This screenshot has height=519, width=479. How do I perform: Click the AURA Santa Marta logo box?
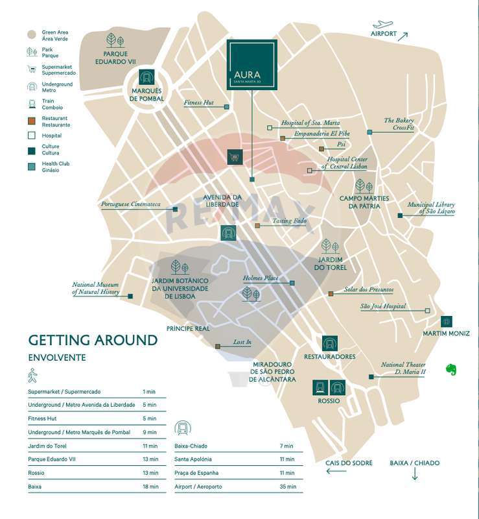click(x=252, y=64)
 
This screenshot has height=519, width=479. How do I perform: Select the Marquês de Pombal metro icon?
click(x=147, y=77)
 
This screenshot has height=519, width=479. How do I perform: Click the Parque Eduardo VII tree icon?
click(x=114, y=40)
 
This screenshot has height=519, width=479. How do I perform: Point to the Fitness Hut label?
click(x=198, y=103)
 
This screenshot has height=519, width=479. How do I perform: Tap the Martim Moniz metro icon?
click(x=446, y=321)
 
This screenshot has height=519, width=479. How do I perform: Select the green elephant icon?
click(x=451, y=369)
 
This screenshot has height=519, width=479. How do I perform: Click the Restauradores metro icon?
click(x=329, y=343)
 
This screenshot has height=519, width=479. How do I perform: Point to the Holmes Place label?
click(x=261, y=278)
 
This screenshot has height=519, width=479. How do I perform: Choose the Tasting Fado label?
click(x=289, y=221)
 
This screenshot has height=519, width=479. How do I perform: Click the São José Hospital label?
click(x=383, y=306)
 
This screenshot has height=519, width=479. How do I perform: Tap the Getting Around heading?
click(x=93, y=341)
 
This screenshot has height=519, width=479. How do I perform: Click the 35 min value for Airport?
click(x=287, y=487)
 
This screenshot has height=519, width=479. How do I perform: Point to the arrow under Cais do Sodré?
click(x=336, y=471)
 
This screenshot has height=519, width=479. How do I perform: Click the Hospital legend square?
click(x=31, y=136)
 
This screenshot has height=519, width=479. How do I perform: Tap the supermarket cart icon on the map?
click(x=234, y=156)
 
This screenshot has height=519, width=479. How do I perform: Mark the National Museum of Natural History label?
click(x=96, y=289)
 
